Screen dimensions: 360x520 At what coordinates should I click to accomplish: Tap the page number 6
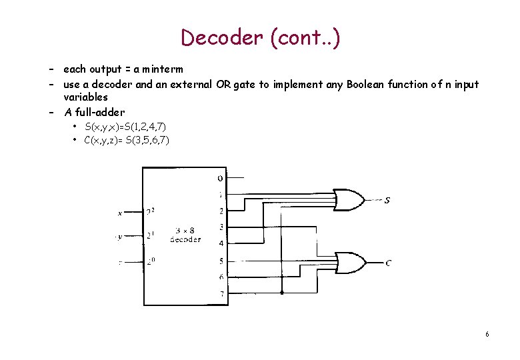click(488, 333)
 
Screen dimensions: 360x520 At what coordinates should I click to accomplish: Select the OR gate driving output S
click(349, 199)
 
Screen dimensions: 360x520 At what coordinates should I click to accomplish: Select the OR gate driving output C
click(349, 262)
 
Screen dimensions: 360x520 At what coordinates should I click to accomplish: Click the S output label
click(387, 200)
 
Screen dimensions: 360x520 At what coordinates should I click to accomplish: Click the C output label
click(388, 263)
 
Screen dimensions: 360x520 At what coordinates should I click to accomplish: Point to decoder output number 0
click(220, 178)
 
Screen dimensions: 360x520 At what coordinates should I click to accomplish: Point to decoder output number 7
click(221, 293)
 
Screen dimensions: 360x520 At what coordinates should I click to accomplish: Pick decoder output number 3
click(221, 227)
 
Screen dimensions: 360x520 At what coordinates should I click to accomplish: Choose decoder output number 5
click(221, 261)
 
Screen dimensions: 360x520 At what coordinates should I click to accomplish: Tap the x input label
click(120, 213)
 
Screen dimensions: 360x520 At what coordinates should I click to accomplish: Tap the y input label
click(120, 236)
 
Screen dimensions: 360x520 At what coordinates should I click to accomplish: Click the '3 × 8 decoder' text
click(185, 234)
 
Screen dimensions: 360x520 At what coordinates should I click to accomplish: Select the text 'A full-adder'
click(94, 112)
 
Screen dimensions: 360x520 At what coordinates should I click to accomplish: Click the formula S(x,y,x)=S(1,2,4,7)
click(127, 127)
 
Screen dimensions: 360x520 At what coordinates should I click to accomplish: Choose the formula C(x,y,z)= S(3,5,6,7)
click(127, 140)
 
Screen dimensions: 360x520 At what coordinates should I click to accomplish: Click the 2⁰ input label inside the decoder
click(151, 261)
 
